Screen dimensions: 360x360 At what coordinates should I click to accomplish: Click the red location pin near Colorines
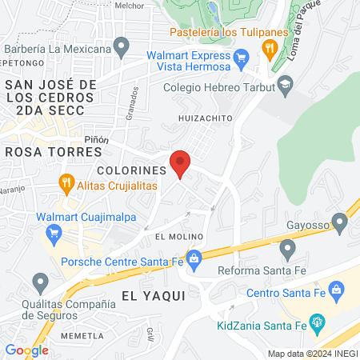pos(180,162)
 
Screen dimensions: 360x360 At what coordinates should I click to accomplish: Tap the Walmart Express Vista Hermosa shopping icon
pos(242,58)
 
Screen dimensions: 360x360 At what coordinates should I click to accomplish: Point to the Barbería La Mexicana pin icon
pos(122,48)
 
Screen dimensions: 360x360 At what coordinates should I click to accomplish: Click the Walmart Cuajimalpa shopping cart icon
pos(54,234)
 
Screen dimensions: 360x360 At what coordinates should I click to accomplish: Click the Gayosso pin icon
pos(338,219)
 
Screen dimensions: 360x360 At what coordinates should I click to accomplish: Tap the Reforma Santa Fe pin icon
pos(286,251)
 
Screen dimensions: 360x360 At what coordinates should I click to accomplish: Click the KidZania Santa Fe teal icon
pos(318,325)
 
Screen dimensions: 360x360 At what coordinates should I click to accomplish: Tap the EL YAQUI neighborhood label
pos(153,295)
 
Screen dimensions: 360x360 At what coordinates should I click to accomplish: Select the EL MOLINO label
pos(176,237)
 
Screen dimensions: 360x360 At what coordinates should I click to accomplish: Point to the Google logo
pos(26,350)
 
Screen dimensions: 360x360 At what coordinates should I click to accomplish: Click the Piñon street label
pos(97,139)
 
